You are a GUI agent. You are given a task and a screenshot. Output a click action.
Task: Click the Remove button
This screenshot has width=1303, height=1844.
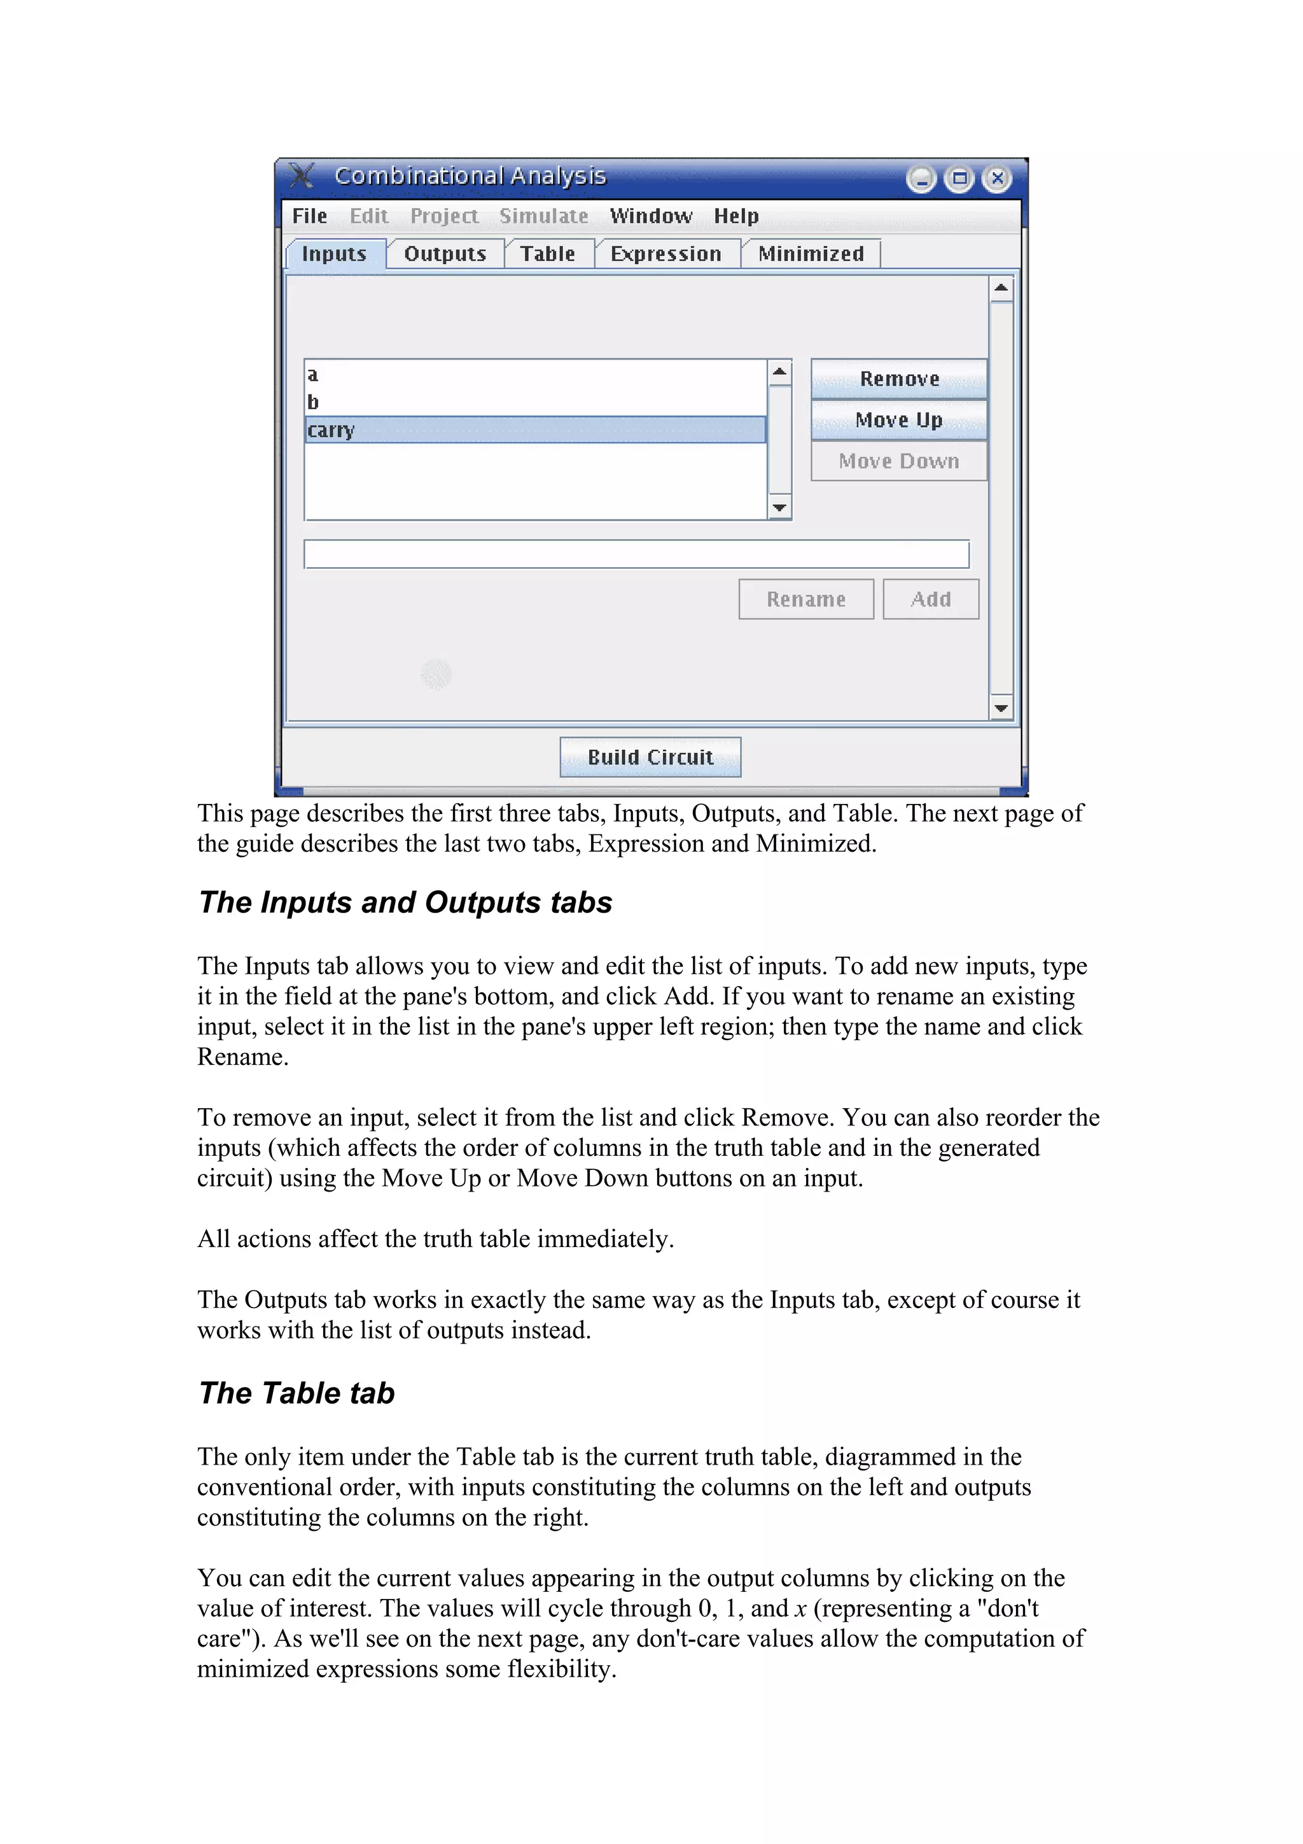pyautogui.click(x=898, y=379)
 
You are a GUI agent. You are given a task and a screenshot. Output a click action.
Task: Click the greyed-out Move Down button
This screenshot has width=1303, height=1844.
pyautogui.click(x=898, y=461)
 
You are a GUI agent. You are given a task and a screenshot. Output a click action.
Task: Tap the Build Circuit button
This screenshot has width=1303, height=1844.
pyautogui.click(x=650, y=757)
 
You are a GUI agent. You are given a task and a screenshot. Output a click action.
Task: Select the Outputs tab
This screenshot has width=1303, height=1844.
pyautogui.click(x=445, y=254)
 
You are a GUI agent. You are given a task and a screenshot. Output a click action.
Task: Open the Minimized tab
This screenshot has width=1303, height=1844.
pyautogui.click(x=810, y=254)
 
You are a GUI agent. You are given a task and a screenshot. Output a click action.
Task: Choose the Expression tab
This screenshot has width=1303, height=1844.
pyautogui.click(x=665, y=254)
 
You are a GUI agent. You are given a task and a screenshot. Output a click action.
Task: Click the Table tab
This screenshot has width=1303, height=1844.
pyautogui.click(x=548, y=254)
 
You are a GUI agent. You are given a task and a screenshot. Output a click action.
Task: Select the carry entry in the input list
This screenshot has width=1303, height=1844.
pyautogui.click(x=534, y=430)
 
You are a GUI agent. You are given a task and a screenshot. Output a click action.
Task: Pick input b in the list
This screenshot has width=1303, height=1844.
pyautogui.click(x=313, y=402)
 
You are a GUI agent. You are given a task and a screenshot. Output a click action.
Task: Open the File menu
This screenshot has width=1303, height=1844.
pyautogui.click(x=309, y=216)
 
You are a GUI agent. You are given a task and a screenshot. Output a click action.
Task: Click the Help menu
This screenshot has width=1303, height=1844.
pyautogui.click(x=735, y=216)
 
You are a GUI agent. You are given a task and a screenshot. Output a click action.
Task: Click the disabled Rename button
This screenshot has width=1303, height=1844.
pyautogui.click(x=805, y=599)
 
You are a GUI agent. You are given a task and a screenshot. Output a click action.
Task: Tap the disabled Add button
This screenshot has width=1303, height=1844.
pyautogui.click(x=930, y=599)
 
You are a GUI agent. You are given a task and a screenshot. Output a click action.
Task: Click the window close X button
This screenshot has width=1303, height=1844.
pyautogui.click(x=996, y=178)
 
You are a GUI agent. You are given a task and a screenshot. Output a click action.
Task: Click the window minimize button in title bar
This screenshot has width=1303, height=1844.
pyautogui.click(x=921, y=178)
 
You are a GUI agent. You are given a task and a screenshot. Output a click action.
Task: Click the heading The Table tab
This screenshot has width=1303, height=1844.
pyautogui.click(x=297, y=1393)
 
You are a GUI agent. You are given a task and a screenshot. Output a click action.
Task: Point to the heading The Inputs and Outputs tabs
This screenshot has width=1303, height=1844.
pyautogui.click(x=405, y=903)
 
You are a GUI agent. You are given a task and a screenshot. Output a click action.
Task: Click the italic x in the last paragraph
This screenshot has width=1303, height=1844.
pyautogui.click(x=800, y=1608)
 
